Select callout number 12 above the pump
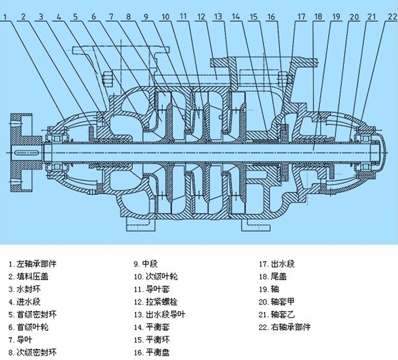(201, 16)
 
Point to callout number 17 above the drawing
(300, 16)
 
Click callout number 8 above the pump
(129, 16)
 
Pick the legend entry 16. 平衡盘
(152, 352)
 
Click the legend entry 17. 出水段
(273, 264)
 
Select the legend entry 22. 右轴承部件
(285, 327)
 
